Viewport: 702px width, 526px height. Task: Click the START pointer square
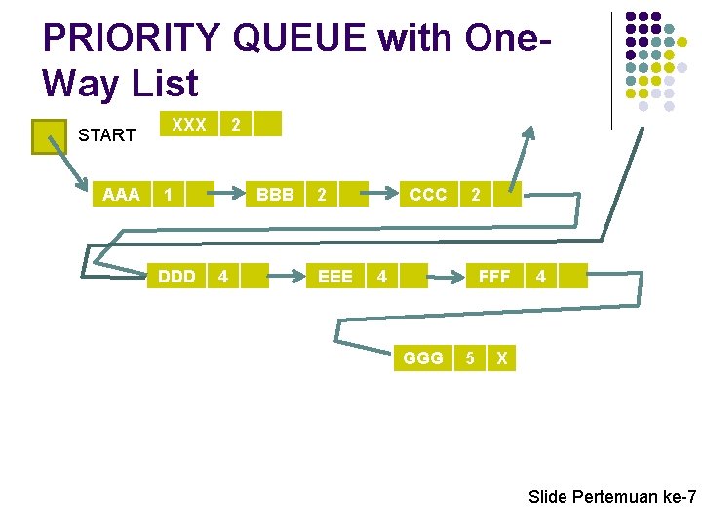click(48, 136)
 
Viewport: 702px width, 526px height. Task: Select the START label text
click(106, 135)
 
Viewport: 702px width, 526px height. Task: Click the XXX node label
click(188, 125)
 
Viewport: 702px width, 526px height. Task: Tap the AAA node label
click(121, 195)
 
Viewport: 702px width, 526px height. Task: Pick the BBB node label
click(275, 195)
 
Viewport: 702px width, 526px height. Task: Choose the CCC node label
click(428, 195)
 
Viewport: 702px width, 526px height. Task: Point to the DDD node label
click(176, 277)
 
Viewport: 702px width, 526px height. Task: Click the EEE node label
click(335, 277)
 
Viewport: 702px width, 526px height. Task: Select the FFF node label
click(494, 277)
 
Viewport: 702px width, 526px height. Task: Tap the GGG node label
click(423, 358)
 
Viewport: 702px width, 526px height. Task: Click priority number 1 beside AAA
click(170, 195)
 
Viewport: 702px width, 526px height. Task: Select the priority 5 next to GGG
click(470, 358)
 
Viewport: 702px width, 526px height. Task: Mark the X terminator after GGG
click(501, 358)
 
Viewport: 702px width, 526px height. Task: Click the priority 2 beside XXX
click(234, 125)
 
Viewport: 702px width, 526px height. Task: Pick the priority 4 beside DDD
click(223, 277)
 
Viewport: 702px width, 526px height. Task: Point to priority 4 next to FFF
click(540, 277)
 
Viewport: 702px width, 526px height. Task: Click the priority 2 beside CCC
click(475, 195)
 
